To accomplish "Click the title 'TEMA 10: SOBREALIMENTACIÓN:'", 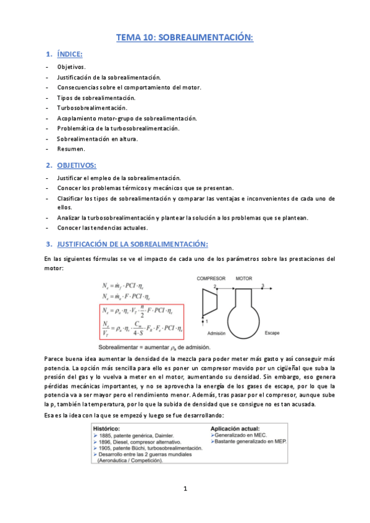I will [185, 38].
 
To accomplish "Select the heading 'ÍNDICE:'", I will [74, 55].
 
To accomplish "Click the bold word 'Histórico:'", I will [107, 427].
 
